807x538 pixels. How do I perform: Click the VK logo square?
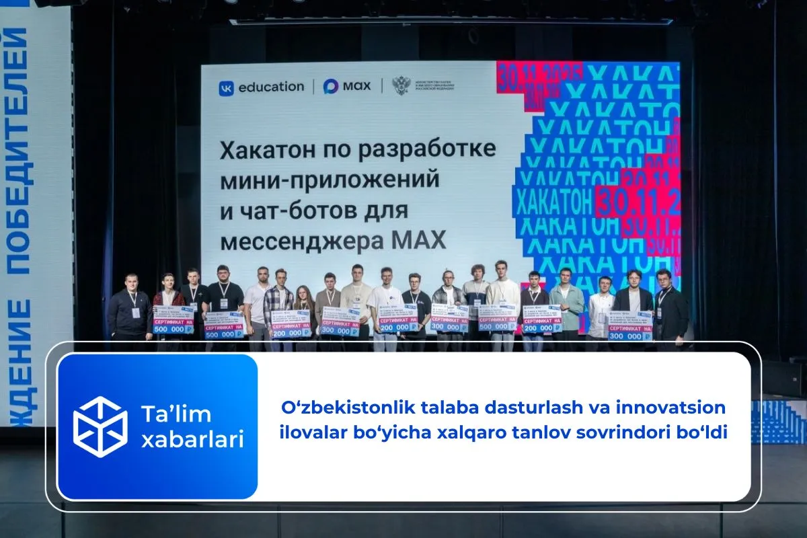click(x=227, y=87)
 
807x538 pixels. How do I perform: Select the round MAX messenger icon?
click(x=331, y=87)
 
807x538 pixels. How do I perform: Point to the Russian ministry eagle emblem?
click(x=401, y=86)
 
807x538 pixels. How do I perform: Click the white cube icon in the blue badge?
click(x=100, y=426)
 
